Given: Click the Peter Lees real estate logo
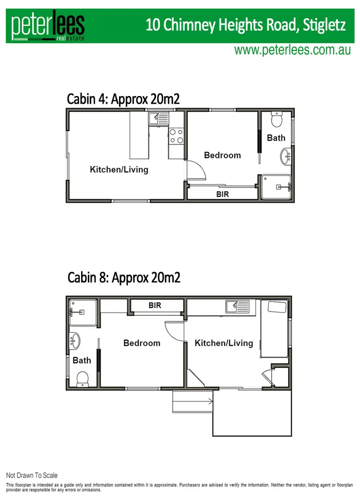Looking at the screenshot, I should point(48,26).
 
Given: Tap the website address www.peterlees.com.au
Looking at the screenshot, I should point(292,50).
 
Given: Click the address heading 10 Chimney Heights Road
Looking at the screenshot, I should point(245,25).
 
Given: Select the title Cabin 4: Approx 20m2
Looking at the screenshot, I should point(123,99).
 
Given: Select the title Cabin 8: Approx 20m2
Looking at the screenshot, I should point(124,277).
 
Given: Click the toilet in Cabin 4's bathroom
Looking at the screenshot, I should point(276,119).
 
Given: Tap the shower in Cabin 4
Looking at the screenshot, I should point(277,187).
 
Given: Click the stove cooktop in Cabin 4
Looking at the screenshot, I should point(176,136).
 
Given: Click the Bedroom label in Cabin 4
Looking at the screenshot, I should point(222,155).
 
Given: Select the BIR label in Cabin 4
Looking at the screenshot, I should point(222,194).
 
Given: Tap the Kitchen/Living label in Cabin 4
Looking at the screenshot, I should point(119,169).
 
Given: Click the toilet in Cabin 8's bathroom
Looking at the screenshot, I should point(83,379).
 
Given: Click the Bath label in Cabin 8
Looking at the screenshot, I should point(82,360).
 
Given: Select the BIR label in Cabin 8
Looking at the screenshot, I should point(155,305).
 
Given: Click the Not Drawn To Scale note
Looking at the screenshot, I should point(32,476).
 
